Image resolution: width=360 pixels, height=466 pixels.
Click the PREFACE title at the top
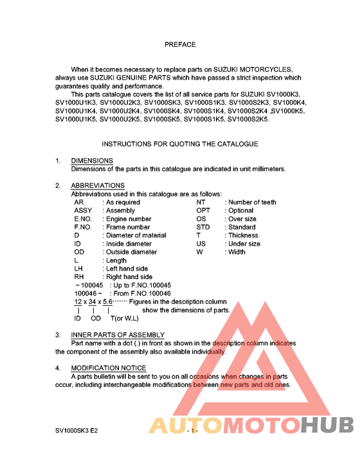point(180,45)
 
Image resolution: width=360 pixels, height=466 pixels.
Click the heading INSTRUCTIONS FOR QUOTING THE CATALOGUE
point(180,144)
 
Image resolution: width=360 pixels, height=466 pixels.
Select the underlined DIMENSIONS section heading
point(92,161)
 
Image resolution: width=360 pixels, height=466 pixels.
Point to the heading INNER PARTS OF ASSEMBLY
point(118,335)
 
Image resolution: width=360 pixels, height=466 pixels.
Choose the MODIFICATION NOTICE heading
point(109,368)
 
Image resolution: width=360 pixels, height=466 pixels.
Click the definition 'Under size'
point(244,244)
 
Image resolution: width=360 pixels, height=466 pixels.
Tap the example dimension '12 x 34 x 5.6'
point(93,301)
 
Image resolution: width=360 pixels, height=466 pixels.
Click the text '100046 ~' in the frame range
point(87,293)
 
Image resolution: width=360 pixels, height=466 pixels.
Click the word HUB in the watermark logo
point(327,426)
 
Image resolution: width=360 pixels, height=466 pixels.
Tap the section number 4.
point(58,368)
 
